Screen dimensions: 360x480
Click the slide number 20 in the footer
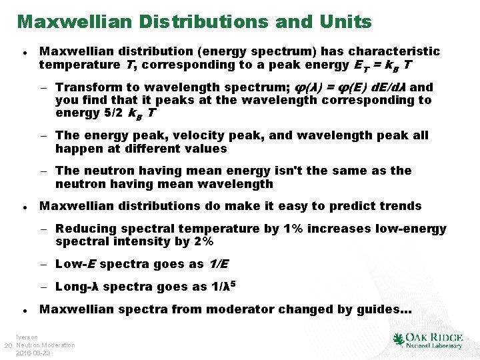tap(8, 345)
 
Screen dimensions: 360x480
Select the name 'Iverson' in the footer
tap(27, 337)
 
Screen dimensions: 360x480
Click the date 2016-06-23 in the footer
tap(33, 353)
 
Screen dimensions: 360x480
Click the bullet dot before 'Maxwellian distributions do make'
tap(24, 207)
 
